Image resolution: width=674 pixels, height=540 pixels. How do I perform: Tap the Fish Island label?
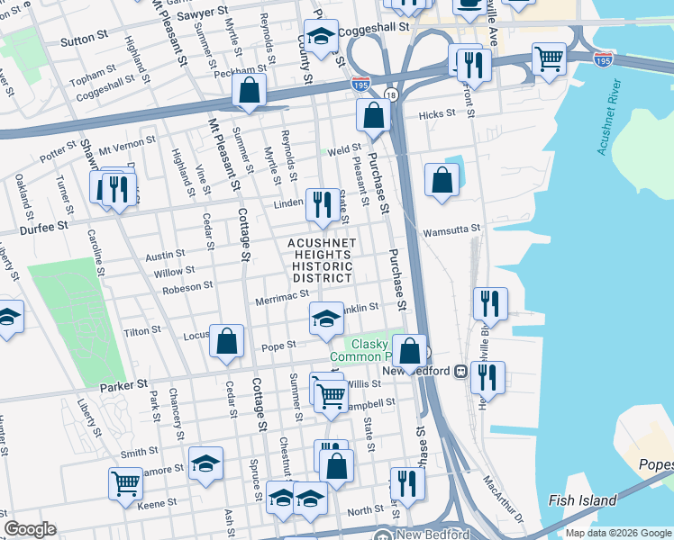(x=583, y=500)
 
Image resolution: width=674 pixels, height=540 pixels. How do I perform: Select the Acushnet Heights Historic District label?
(x=322, y=261)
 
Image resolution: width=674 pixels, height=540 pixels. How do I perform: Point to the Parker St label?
(x=123, y=384)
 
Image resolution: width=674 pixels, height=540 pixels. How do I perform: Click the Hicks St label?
(x=438, y=114)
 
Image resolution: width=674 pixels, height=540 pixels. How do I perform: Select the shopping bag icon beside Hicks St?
(x=373, y=115)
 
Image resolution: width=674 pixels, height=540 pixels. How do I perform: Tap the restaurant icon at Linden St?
(x=322, y=204)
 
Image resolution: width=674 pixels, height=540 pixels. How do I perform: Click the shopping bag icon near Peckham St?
(x=250, y=91)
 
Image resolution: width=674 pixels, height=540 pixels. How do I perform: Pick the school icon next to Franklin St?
(x=327, y=317)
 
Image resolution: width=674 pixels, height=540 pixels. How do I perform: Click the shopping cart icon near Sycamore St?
(x=125, y=483)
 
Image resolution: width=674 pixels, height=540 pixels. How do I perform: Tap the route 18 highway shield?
(x=390, y=94)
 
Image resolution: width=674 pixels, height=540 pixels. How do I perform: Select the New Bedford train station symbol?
(x=460, y=371)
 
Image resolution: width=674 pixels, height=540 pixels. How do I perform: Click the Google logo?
(x=31, y=529)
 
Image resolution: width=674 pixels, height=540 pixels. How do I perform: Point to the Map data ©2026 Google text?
(x=617, y=533)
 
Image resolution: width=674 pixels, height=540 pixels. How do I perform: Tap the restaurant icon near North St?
(x=406, y=483)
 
